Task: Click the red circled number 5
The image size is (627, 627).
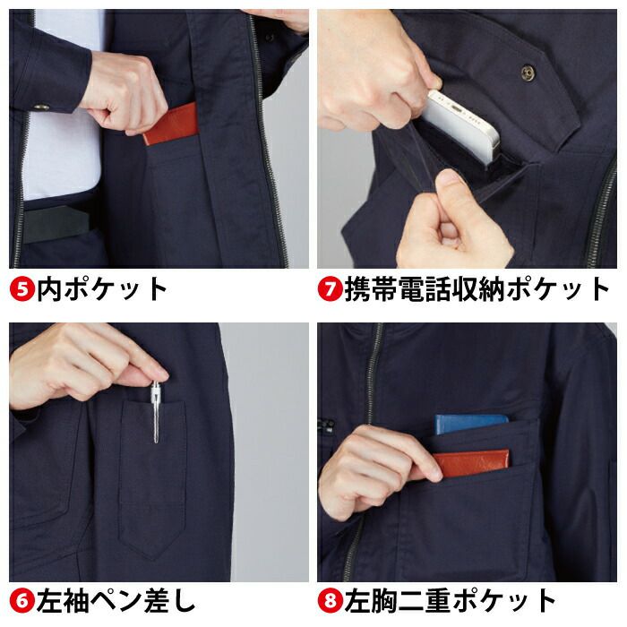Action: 22,288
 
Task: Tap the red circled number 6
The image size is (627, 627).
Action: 22,601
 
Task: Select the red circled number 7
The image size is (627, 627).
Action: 330,288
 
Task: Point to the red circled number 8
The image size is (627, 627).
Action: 330,601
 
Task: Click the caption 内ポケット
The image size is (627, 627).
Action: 102,288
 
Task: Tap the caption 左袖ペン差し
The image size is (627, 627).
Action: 116,601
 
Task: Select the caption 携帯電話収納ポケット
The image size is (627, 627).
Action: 477,288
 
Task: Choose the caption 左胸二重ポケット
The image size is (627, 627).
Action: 450,601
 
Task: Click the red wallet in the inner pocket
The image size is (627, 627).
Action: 171,125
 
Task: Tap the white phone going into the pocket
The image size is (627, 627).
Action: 464,126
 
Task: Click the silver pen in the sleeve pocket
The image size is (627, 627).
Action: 156,412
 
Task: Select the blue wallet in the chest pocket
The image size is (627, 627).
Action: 470,424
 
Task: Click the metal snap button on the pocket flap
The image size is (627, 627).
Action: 528,72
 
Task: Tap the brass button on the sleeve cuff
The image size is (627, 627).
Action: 41,107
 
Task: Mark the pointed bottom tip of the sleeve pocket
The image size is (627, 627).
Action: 152,560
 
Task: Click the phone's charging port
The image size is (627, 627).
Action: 456,107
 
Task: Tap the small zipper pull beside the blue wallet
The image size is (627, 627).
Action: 328,425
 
